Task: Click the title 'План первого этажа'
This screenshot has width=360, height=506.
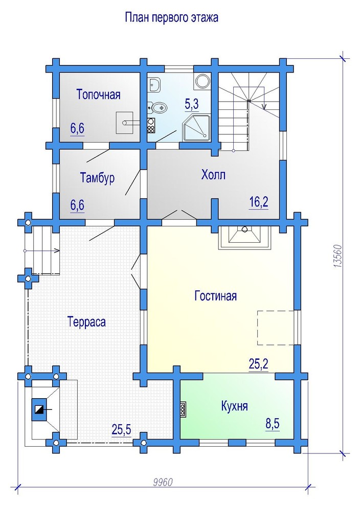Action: [x=171, y=17]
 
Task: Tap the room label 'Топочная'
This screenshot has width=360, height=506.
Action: [x=99, y=95]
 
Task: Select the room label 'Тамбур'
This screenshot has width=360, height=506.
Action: [x=97, y=178]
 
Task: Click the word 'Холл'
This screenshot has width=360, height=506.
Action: [x=213, y=175]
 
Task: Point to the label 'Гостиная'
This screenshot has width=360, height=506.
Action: [x=216, y=296]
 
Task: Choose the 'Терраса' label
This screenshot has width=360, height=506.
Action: [x=86, y=321]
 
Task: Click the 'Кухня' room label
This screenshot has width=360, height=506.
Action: [x=234, y=406]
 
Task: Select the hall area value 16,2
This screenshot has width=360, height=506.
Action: [x=259, y=202]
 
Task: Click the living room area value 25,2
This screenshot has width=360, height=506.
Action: [x=259, y=364]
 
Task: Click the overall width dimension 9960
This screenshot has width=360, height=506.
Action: [x=163, y=482]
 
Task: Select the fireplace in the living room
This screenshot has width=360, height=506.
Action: [x=245, y=237]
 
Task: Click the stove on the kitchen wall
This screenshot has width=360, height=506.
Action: [x=183, y=410]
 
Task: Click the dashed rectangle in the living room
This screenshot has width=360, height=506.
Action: [x=276, y=328]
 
